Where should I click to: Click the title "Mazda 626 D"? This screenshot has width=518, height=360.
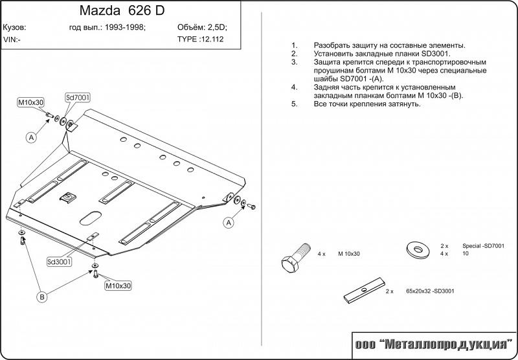coord(122,10)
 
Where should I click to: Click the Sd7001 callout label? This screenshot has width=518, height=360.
coord(77,98)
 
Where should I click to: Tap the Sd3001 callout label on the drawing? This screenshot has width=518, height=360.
coord(59,262)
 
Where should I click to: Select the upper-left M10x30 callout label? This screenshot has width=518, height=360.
coord(30,102)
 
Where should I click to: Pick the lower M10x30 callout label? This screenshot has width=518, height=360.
coord(118,286)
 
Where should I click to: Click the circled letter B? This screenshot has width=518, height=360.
coord(42,297)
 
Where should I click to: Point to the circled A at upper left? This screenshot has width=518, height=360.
coord(31,137)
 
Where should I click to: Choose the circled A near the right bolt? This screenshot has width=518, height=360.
coord(229,223)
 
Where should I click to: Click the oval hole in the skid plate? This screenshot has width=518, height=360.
coord(91,218)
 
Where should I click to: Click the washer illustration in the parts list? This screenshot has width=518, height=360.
coord(418,250)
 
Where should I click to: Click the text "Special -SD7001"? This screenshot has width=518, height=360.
coord(483,246)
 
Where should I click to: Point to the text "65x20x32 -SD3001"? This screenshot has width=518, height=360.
coord(430,291)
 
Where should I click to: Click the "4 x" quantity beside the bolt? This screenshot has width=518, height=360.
coord(321,254)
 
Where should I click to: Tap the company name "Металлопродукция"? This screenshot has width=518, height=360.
coord(445,345)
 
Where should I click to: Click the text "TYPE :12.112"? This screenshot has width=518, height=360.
coord(200,39)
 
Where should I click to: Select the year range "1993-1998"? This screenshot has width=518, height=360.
coord(125,27)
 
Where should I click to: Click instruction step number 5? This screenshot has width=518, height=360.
coord(295,104)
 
